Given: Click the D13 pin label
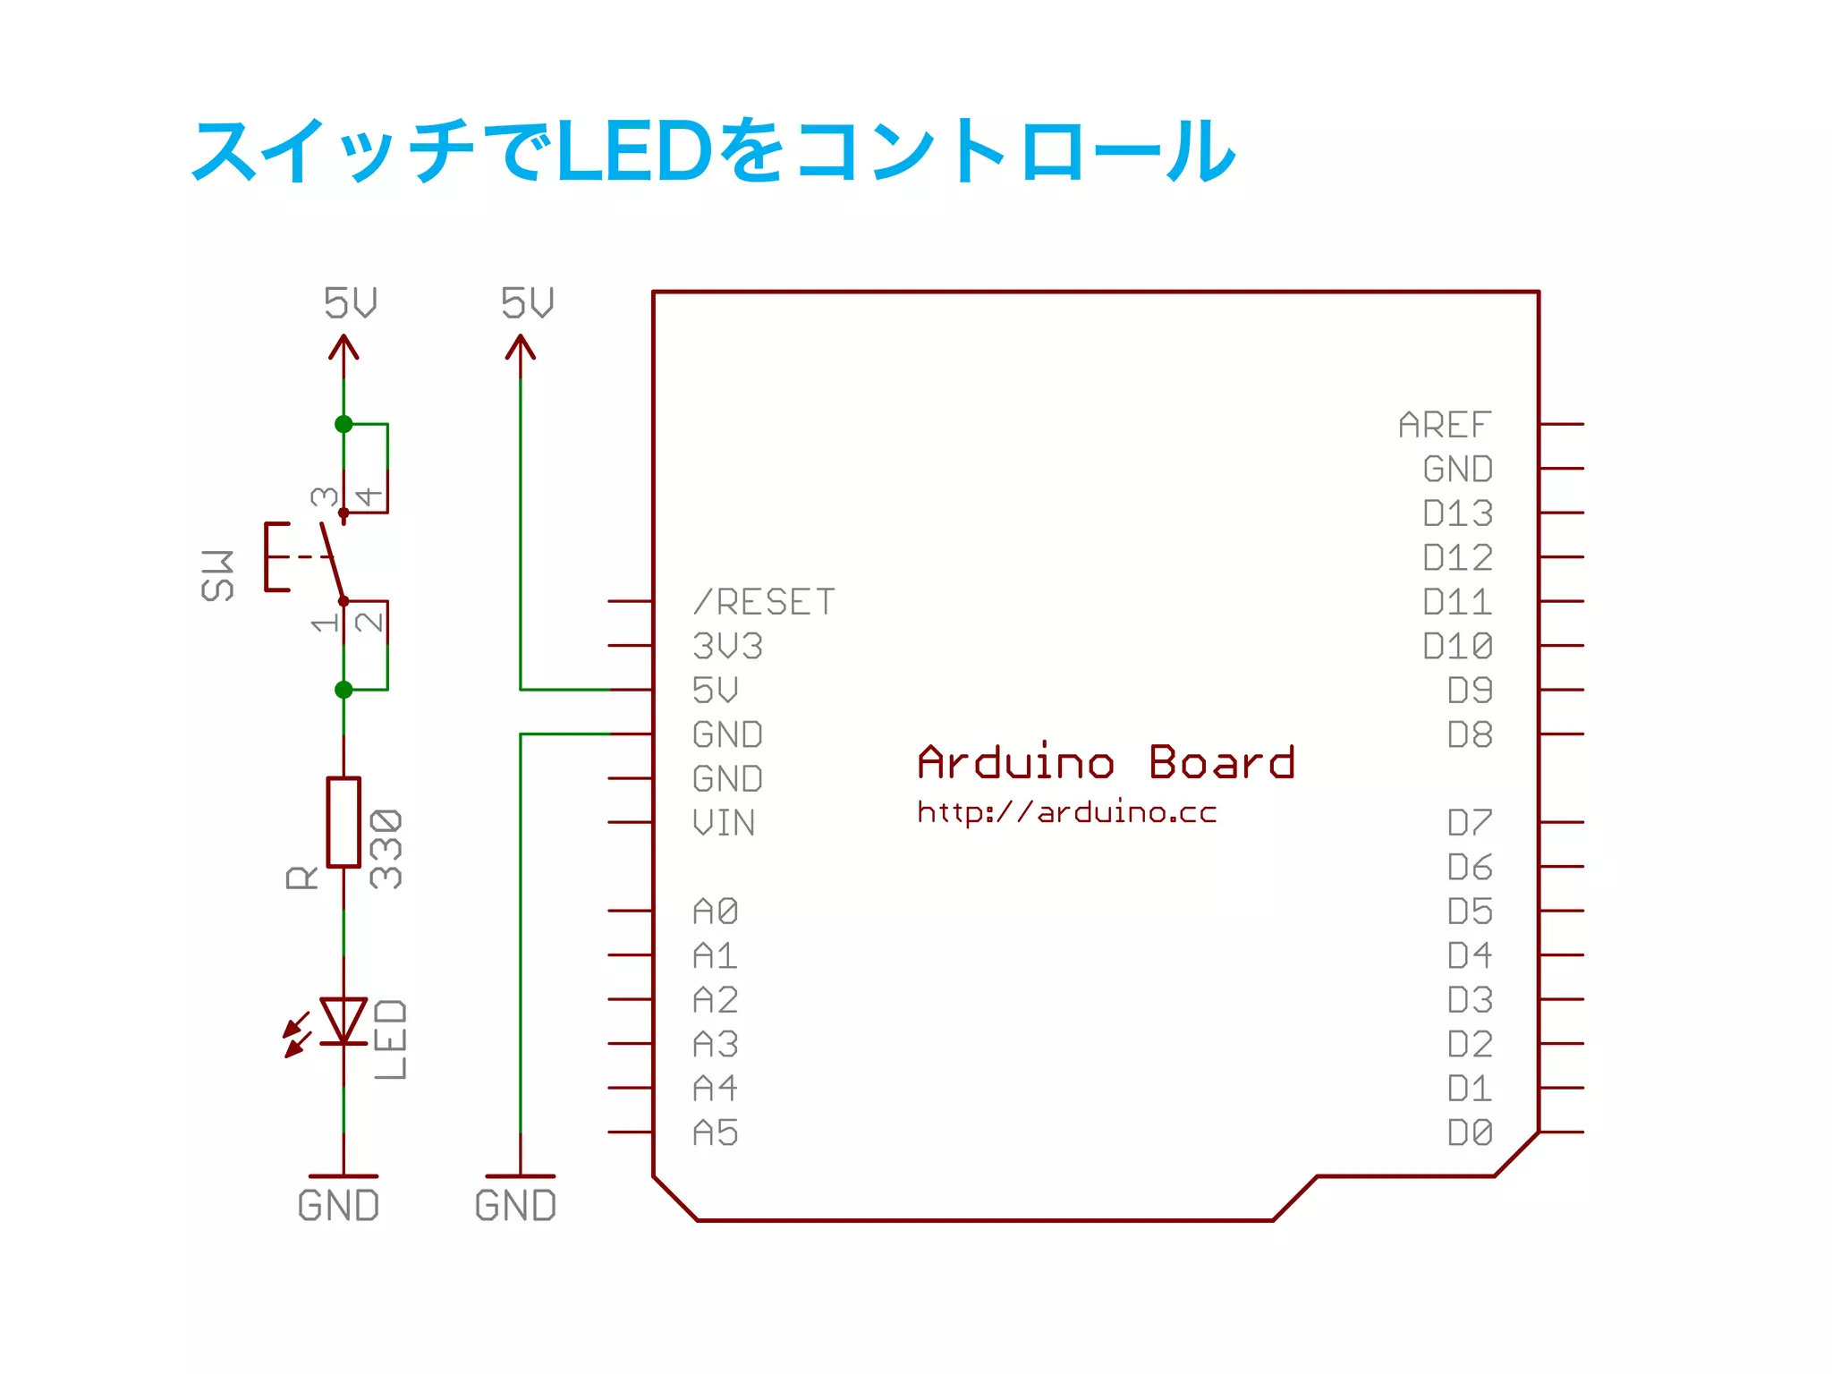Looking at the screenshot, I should click(x=1457, y=513).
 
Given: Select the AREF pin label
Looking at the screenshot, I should click(x=1445, y=425).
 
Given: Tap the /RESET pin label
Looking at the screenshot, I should click(x=764, y=602).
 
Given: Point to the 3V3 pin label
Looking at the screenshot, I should click(x=727, y=646).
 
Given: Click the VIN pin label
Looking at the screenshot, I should click(x=724, y=823).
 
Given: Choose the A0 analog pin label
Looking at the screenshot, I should click(x=716, y=912).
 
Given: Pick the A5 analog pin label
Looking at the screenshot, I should click(x=716, y=1133).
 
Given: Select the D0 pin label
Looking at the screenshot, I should click(x=1470, y=1133).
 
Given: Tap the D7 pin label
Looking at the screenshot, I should click(x=1470, y=823).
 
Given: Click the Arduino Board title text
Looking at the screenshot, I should click(x=1106, y=763).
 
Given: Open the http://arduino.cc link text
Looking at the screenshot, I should click(x=1066, y=812).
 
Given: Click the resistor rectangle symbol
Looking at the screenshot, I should click(x=343, y=822).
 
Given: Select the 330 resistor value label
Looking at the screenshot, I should click(x=386, y=849).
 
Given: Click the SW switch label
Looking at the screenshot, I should click(x=217, y=575).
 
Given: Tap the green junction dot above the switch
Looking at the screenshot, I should click(x=343, y=424).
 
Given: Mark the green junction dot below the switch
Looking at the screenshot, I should click(x=343, y=690).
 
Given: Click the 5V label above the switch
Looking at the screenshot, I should click(x=350, y=303).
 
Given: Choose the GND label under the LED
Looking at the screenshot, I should click(x=338, y=1206).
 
